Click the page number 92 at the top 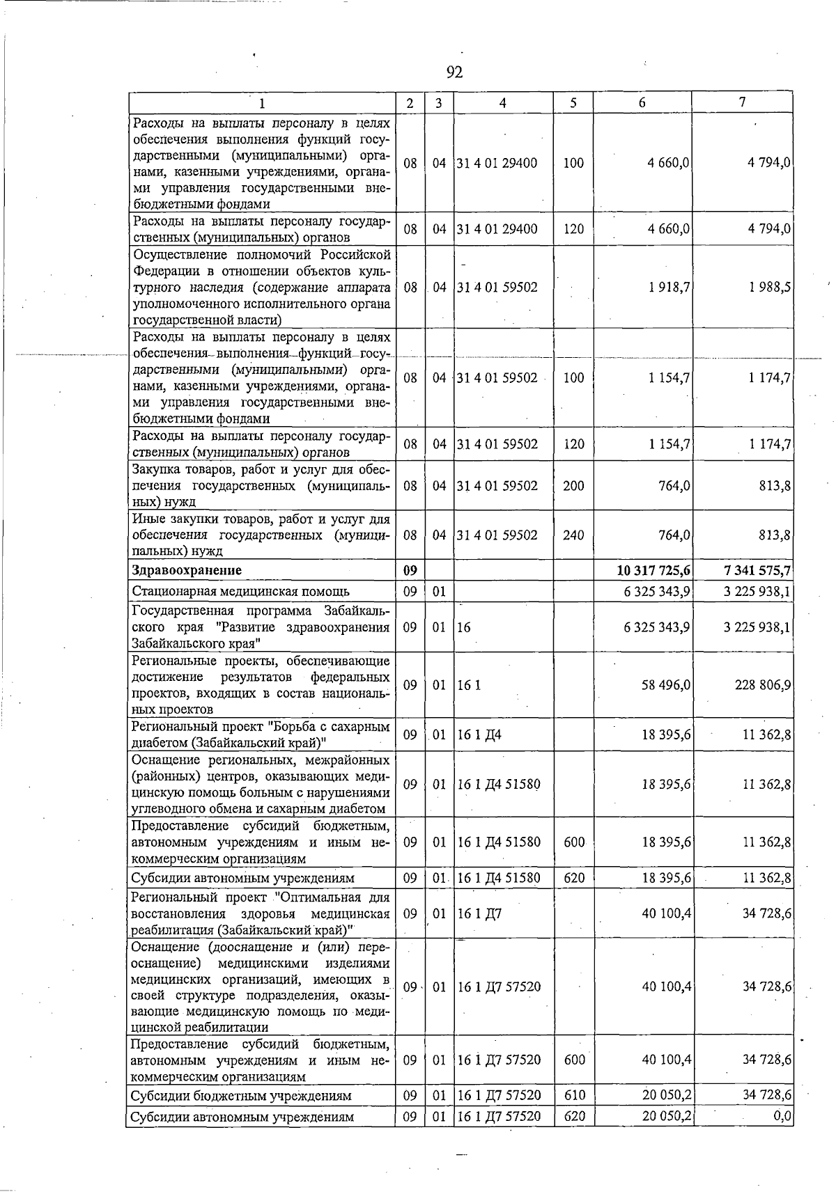point(454,72)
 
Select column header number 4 point(502,103)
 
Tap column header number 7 point(743,102)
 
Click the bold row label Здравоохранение point(187,570)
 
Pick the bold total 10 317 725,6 point(653,570)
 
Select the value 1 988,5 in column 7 point(770,287)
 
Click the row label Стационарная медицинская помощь point(240,592)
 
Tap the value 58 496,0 point(665,685)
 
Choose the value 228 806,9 point(762,685)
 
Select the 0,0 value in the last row point(783,1117)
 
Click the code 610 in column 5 point(574,1096)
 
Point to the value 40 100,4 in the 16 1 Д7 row point(666,913)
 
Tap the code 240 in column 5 point(573,535)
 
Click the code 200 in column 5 point(573,486)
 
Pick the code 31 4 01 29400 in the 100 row point(497,163)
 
